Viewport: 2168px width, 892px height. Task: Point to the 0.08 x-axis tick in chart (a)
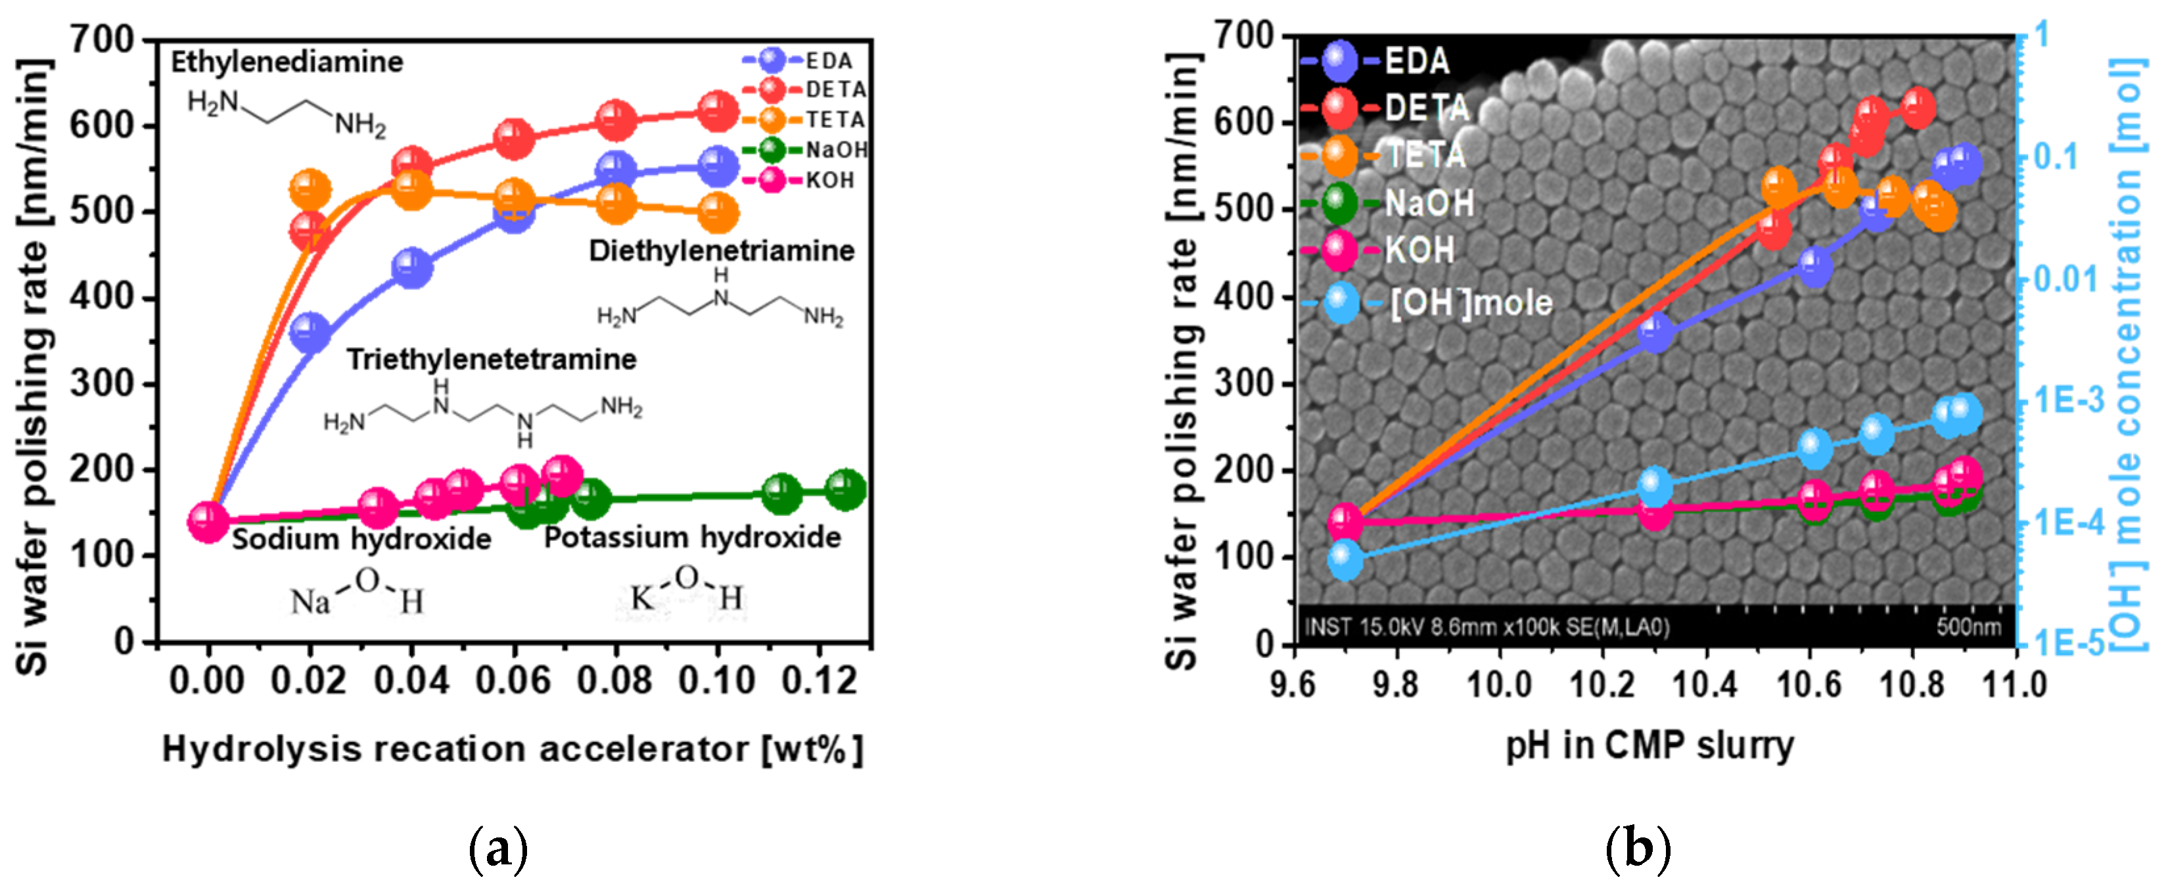click(615, 680)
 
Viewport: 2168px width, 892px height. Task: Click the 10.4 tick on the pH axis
click(1705, 684)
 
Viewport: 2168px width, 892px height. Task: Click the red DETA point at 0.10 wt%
click(717, 111)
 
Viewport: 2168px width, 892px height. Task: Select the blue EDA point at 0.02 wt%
click(310, 333)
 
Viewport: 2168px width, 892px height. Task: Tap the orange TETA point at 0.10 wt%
click(717, 214)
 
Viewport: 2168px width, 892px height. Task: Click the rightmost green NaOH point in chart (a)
click(845, 489)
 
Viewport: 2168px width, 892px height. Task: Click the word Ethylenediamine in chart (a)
click(287, 61)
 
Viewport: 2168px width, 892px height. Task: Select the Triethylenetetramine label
click(492, 360)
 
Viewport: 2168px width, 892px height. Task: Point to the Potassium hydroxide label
click(692, 537)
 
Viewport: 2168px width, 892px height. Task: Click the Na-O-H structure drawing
click(357, 594)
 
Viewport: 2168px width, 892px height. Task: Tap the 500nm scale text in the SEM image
click(1968, 627)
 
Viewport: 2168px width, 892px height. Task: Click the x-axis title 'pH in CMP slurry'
click(1649, 745)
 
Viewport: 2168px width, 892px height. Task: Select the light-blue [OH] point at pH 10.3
click(1655, 487)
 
